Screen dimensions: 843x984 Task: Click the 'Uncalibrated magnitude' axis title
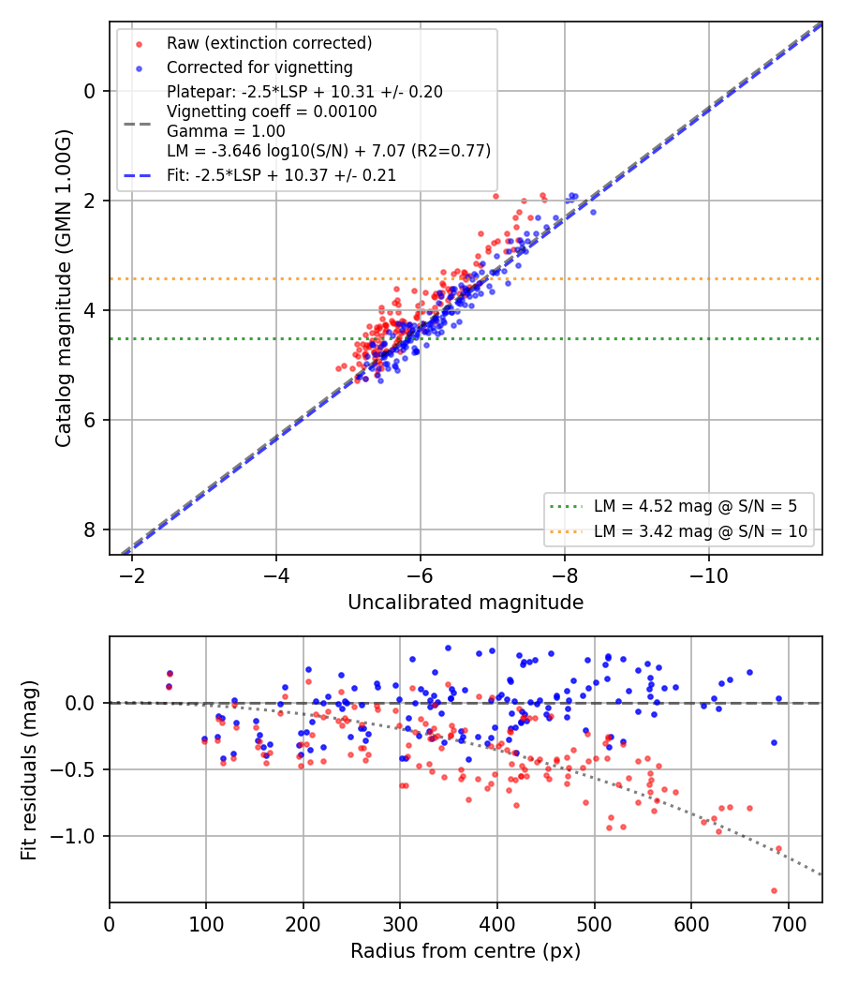click(466, 603)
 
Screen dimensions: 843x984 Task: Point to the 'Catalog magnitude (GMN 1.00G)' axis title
click(64, 288)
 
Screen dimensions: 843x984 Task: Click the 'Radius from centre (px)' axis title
click(466, 951)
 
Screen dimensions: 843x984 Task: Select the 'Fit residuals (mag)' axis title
click(29, 770)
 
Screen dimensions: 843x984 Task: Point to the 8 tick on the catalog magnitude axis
click(90, 529)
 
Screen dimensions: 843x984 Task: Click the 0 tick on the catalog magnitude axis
click(90, 91)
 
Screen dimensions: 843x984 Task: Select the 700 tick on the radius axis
click(788, 924)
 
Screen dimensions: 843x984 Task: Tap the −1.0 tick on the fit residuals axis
click(74, 837)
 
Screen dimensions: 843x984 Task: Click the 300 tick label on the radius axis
click(400, 924)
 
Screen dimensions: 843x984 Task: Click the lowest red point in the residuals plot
click(774, 890)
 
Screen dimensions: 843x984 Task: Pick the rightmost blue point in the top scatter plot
click(593, 212)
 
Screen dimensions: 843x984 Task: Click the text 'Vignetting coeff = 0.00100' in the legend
click(272, 112)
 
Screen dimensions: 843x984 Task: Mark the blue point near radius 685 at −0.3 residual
click(774, 742)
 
